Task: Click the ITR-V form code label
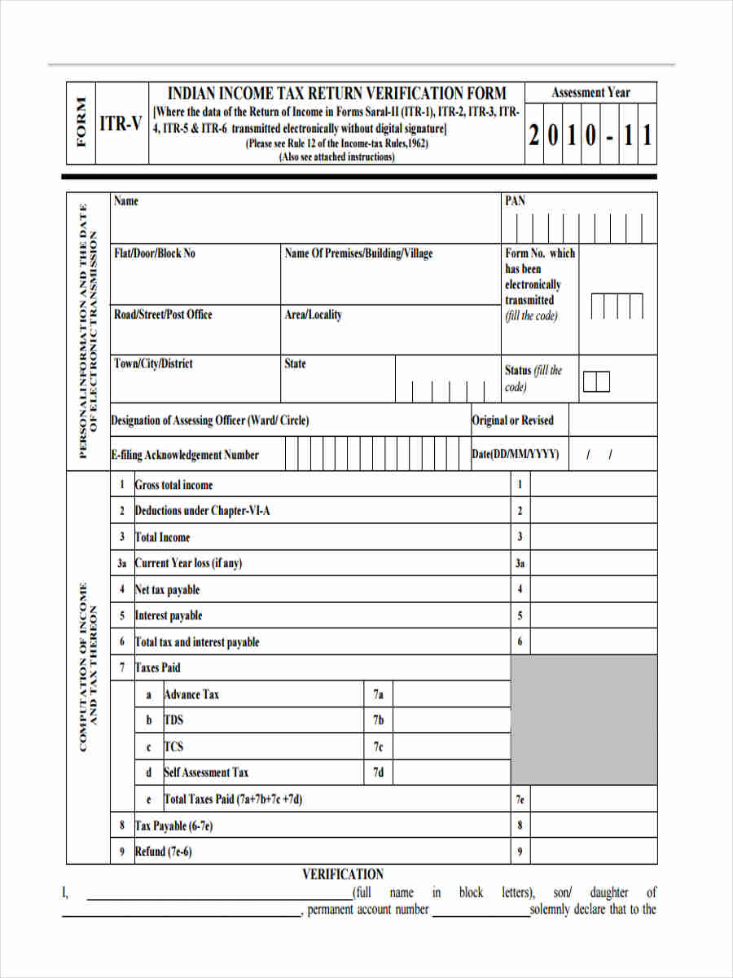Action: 121,124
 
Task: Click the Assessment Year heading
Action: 590,93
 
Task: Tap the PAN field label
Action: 516,201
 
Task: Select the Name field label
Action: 126,201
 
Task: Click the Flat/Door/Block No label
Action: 155,253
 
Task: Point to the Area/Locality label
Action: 313,315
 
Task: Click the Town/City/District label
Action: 153,363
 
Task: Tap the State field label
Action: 295,363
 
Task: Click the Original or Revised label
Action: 512,421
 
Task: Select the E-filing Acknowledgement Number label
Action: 185,455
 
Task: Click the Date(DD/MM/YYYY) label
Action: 516,455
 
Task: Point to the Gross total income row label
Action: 173,485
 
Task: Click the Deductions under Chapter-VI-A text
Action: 202,511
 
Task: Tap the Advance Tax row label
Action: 191,694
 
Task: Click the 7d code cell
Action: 378,773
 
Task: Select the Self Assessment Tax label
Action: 206,773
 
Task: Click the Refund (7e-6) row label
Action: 163,852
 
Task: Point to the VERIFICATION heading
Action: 343,874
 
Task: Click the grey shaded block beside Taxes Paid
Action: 583,720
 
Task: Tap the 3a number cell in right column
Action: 520,563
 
